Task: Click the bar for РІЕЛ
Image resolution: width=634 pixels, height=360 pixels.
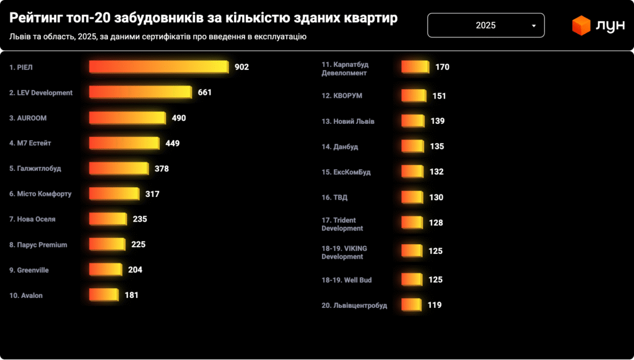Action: pos(158,67)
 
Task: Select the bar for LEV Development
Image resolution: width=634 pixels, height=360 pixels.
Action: pos(140,92)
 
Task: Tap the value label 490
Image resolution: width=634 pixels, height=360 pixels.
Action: pos(179,118)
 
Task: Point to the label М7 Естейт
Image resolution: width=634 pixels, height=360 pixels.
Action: pos(30,143)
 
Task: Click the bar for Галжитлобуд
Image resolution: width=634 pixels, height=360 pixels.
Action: pos(119,169)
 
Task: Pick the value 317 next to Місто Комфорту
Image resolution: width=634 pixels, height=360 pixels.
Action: pos(152,194)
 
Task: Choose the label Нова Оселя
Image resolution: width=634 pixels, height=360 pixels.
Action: pos(32,219)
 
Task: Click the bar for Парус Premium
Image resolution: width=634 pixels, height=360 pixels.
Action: pos(107,245)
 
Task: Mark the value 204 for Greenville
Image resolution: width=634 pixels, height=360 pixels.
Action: pos(135,270)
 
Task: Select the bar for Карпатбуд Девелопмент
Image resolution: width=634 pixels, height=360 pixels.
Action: pos(415,67)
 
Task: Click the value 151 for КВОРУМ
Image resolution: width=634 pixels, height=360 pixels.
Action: pos(439,96)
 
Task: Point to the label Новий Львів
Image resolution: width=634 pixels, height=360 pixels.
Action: pos(348,121)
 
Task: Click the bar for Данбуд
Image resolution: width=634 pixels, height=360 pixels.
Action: pos(413,147)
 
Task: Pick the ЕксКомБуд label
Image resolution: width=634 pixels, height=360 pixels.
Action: pos(346,172)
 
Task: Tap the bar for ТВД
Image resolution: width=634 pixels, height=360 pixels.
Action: pos(412,198)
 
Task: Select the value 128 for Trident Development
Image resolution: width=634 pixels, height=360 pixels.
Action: pos(436,223)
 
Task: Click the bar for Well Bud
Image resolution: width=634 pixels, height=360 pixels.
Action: pos(412,280)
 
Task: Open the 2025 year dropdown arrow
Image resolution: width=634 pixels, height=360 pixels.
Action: pos(534,26)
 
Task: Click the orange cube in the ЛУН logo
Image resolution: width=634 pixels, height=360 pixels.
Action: pos(581,26)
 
